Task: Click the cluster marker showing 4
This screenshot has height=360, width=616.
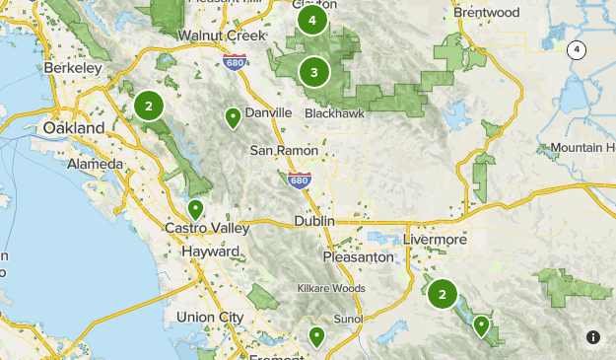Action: [x=312, y=20]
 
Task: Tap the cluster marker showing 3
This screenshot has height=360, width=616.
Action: [x=313, y=71]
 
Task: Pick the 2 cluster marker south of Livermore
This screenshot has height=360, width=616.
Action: [x=442, y=293]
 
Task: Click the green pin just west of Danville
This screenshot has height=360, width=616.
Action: [x=233, y=118]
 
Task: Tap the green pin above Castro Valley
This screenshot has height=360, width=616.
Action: [x=196, y=210]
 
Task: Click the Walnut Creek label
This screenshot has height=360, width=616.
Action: [x=222, y=36]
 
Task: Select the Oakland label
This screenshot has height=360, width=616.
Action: [x=74, y=129]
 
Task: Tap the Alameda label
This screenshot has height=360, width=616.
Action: [x=96, y=164]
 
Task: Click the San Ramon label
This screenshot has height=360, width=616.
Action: [x=284, y=151]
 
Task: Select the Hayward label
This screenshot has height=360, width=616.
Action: [x=210, y=252]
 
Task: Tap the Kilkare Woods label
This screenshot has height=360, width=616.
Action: [x=331, y=289]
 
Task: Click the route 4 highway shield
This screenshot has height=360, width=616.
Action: [x=577, y=49]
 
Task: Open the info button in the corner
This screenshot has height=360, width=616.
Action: [x=593, y=337]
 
